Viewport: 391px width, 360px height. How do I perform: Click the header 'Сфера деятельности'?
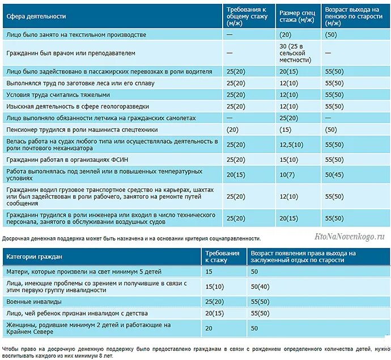[36, 16]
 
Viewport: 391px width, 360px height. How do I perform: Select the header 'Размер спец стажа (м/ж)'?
[297, 16]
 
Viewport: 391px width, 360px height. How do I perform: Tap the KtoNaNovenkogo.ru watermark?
[350, 236]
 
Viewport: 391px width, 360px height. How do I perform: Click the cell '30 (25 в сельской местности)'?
[295, 53]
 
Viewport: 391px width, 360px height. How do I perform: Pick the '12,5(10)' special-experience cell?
[291, 144]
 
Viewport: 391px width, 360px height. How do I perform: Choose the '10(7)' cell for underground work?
[287, 175]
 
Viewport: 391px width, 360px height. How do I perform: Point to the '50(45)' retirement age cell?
[334, 175]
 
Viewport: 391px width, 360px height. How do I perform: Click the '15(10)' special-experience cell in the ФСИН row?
[289, 160]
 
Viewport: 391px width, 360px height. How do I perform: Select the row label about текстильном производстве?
[76, 35]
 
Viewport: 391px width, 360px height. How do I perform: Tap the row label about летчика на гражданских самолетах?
[101, 118]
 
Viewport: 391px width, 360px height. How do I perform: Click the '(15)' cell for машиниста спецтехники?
[285, 130]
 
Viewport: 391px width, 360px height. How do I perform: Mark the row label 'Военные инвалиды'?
[34, 302]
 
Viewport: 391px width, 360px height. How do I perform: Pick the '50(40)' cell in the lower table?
[260, 287]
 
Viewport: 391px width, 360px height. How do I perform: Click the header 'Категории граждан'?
[34, 256]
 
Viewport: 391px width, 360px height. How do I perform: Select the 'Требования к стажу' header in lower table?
[222, 256]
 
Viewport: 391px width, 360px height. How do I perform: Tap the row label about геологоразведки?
[78, 106]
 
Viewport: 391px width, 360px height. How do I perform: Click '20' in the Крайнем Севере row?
[209, 328]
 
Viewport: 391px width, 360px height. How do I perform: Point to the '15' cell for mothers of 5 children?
[209, 272]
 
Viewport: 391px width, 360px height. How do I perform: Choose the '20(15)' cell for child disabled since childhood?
[214, 313]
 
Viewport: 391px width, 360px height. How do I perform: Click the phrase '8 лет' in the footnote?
[107, 355]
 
